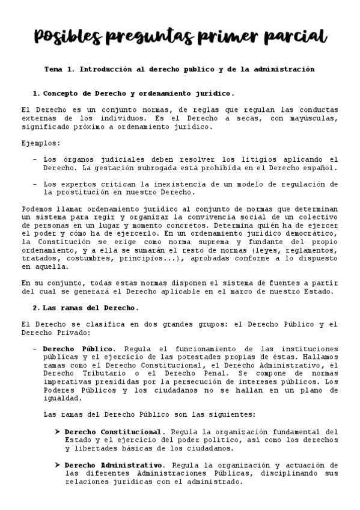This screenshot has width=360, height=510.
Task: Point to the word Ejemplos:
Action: pyautogui.click(x=41, y=143)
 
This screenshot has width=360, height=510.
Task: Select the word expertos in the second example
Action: pyautogui.click(x=83, y=184)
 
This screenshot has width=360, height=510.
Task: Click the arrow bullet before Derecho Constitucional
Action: pyautogui.click(x=58, y=432)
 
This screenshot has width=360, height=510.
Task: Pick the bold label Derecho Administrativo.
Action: pyautogui.click(x=114, y=465)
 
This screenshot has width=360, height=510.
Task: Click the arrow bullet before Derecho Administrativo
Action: pyautogui.click(x=58, y=465)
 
